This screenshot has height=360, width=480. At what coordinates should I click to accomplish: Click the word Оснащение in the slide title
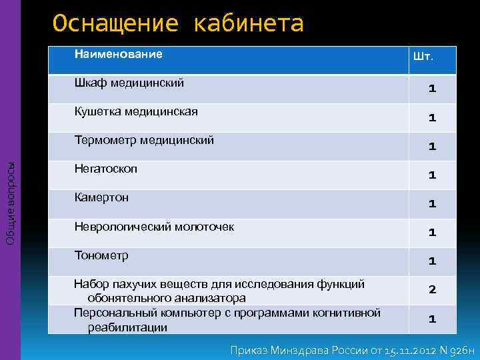(115, 24)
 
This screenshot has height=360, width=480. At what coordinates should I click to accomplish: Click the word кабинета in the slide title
(248, 24)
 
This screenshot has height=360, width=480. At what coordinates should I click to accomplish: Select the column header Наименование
(118, 54)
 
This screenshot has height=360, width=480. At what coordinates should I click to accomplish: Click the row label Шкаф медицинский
(129, 83)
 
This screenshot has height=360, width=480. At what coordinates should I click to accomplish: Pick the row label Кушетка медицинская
(135, 111)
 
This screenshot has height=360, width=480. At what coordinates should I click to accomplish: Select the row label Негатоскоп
(105, 169)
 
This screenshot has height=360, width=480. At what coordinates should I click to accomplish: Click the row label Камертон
(101, 197)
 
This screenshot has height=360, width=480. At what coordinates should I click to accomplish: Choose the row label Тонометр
(101, 255)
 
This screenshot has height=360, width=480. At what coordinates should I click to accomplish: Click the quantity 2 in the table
(432, 290)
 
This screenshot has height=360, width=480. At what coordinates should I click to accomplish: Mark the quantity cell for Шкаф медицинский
(432, 89)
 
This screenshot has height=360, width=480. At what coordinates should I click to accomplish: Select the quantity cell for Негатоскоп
(432, 175)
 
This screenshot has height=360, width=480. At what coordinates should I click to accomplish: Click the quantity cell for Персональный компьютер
(432, 319)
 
